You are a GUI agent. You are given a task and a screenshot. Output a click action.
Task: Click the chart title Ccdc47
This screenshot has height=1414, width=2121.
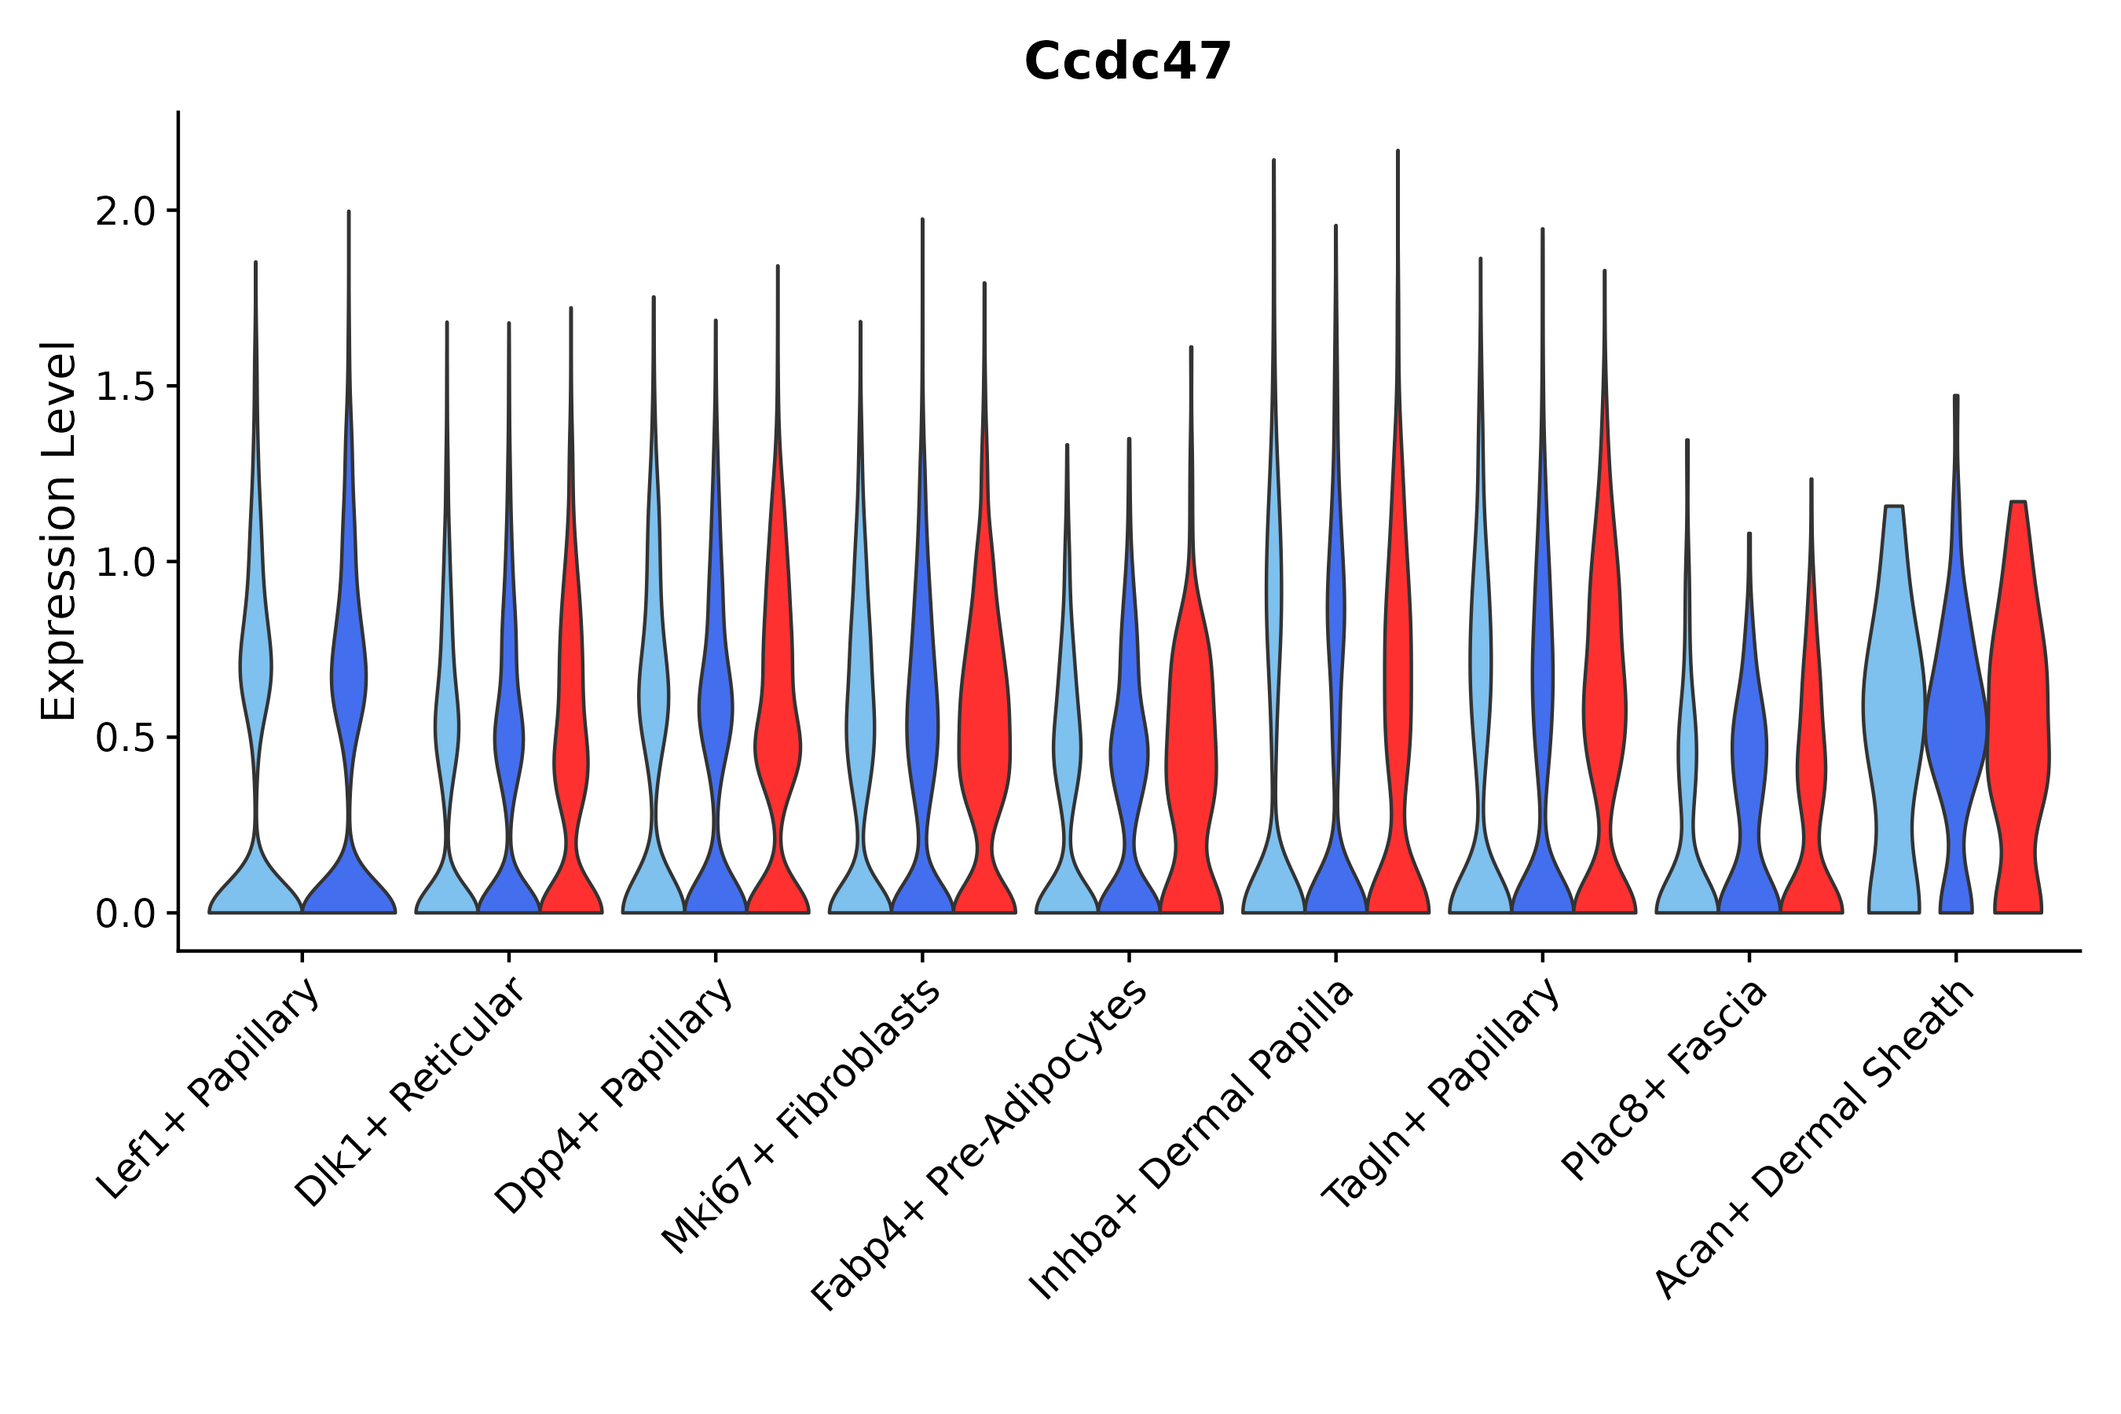[1127, 62]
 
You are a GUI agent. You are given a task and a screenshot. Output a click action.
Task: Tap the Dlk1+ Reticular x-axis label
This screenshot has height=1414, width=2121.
[409, 1092]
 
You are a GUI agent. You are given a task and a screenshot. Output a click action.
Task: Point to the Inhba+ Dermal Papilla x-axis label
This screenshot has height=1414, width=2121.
[1190, 1140]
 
